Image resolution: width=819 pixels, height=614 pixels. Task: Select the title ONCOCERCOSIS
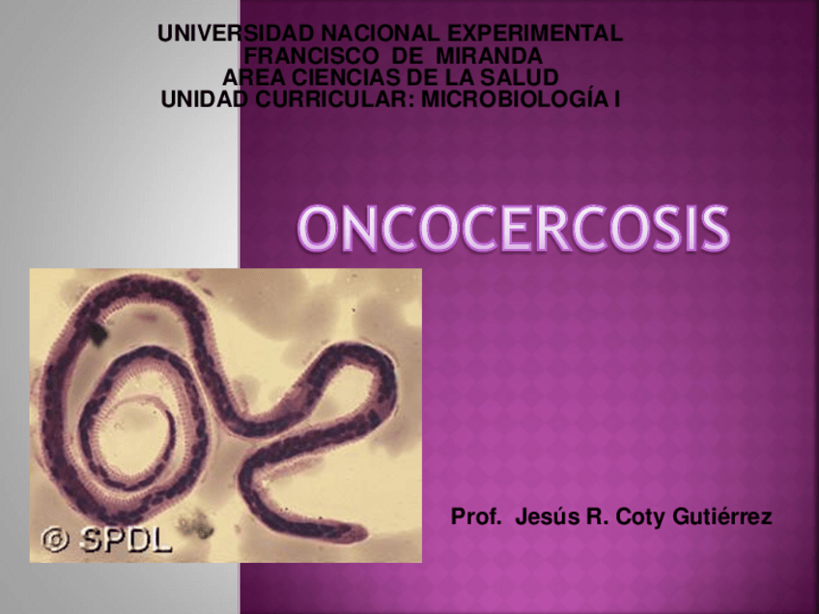click(x=513, y=229)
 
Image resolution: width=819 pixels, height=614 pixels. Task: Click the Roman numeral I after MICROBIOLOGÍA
click(x=616, y=98)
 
